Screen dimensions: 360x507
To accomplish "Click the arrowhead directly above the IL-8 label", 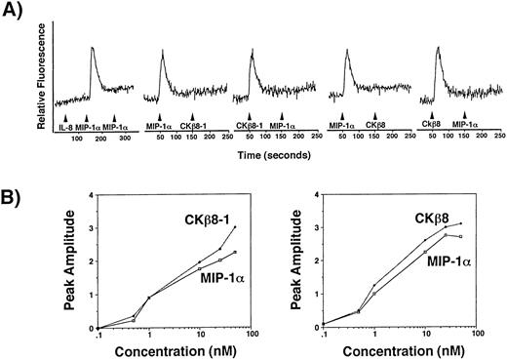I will (x=64, y=117).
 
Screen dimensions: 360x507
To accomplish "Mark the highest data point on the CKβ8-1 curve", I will (x=235, y=227).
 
